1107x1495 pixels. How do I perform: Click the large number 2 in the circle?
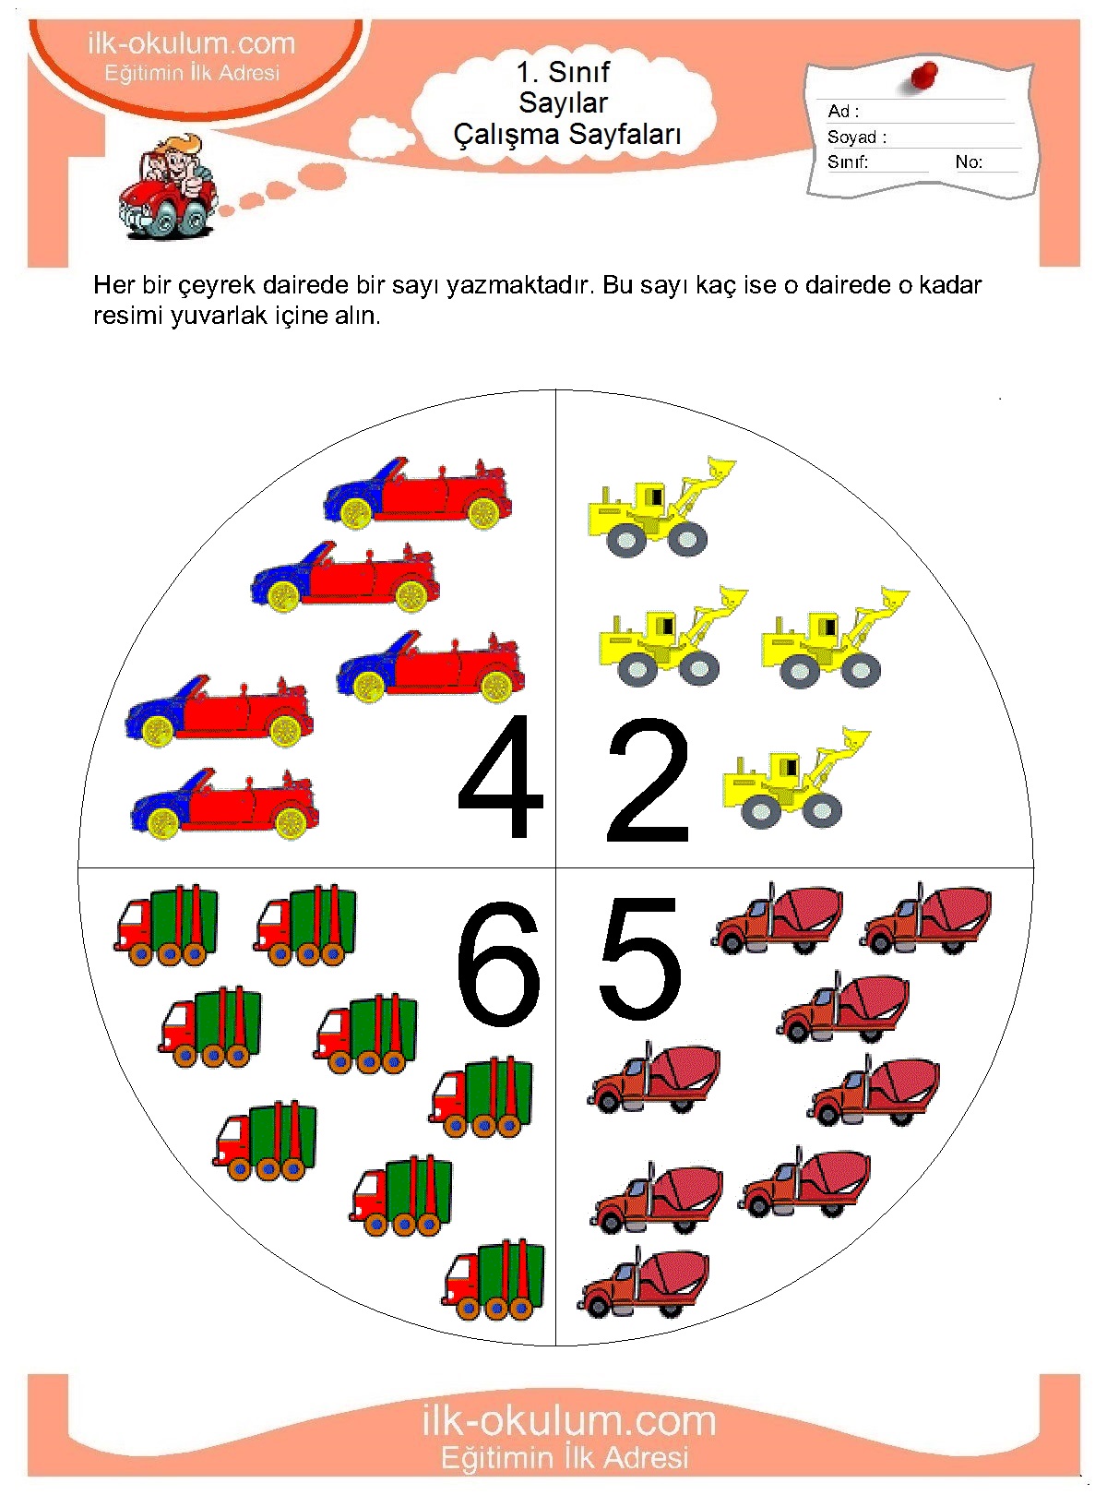point(648,780)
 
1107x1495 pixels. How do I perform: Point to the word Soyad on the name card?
point(851,137)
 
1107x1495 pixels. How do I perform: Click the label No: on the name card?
point(969,161)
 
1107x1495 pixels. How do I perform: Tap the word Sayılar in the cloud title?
point(564,103)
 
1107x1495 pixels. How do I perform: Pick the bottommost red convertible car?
point(224,804)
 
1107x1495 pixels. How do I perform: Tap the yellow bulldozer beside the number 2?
point(796,778)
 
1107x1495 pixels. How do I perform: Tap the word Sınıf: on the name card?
point(848,161)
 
